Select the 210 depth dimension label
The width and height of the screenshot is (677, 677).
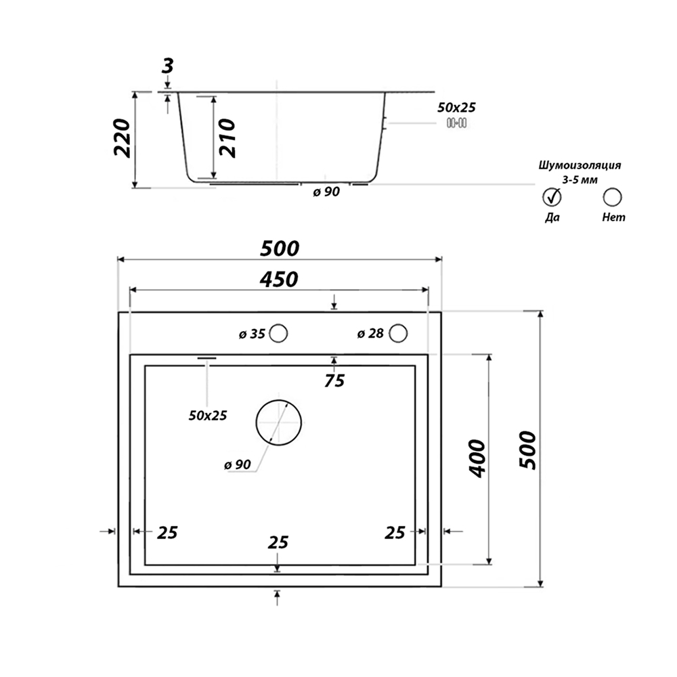coord(227,138)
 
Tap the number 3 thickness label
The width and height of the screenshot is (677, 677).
coord(167,66)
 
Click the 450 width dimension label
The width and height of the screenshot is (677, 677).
coord(279,280)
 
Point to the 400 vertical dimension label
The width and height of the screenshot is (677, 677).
coord(477,458)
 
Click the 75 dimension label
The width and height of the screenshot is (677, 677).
coord(334,380)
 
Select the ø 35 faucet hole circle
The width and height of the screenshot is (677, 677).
coord(278,333)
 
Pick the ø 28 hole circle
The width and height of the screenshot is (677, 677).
coord(398,333)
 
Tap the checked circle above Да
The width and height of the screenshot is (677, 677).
coord(552,197)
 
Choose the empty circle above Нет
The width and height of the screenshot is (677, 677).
coord(612,197)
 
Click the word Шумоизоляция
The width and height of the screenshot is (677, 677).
coord(580,165)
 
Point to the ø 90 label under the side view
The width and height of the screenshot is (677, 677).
coord(326,192)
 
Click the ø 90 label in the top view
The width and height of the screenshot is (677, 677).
coord(238,464)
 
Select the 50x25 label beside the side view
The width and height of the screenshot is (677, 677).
coord(456,108)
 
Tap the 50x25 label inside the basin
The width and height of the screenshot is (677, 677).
coord(208,416)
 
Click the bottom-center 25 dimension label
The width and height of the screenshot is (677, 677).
coord(278,543)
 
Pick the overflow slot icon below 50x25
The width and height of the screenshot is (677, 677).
coord(456,123)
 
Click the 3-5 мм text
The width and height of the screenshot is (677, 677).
coord(580,180)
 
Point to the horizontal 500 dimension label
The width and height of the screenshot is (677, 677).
coord(280,248)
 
